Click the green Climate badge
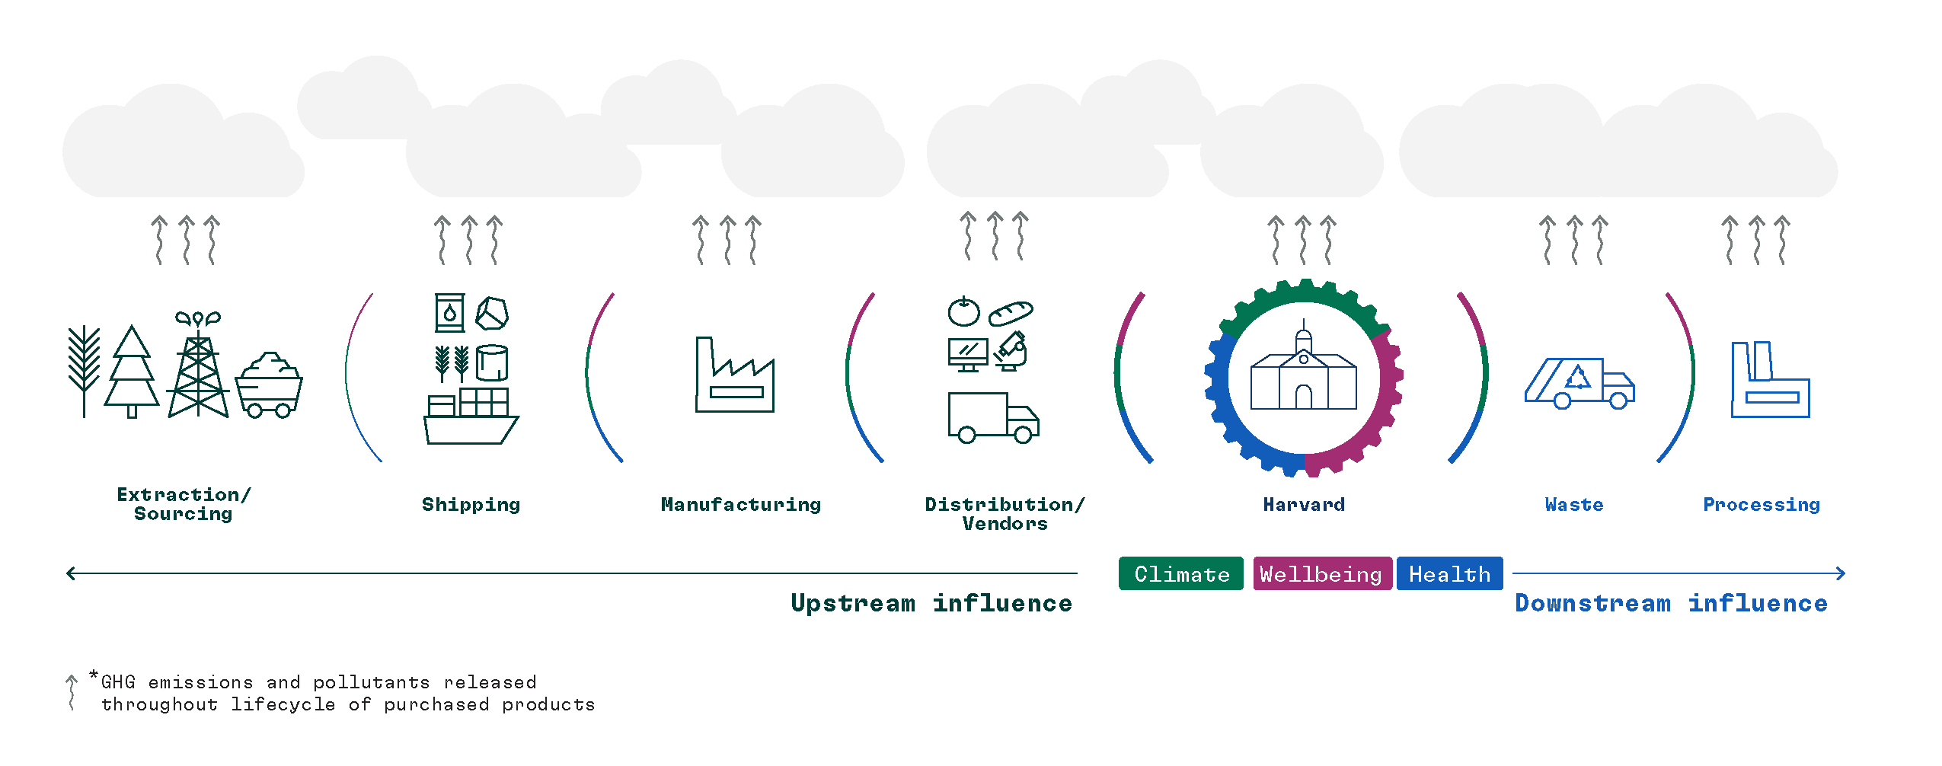click(x=1180, y=573)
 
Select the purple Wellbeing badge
click(x=1322, y=573)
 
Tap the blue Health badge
click(x=1449, y=573)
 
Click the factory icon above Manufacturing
click(x=734, y=377)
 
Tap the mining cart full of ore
click(x=269, y=386)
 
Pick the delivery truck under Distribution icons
click(x=992, y=417)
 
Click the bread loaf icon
click(x=1011, y=313)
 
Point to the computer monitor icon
click(x=967, y=355)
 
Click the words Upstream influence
click(x=931, y=603)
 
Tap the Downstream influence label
click(x=1671, y=603)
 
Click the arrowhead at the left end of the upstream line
click(x=71, y=573)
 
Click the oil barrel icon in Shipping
click(x=449, y=313)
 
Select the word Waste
click(x=1573, y=505)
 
